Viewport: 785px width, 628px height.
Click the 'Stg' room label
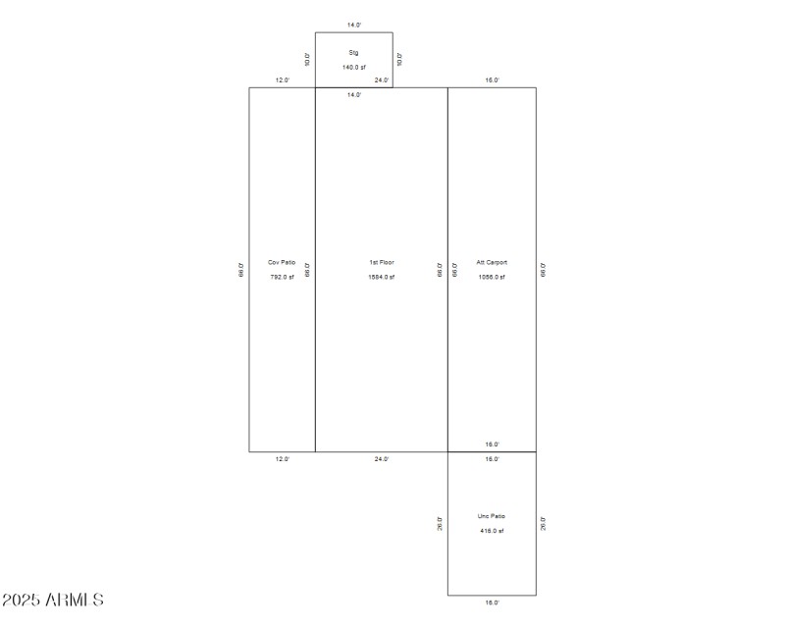tap(353, 52)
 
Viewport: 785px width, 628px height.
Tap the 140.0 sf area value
tap(353, 67)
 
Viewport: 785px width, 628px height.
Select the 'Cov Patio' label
tap(282, 262)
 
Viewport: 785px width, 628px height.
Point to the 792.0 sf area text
tap(282, 277)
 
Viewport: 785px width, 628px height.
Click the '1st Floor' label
tap(382, 262)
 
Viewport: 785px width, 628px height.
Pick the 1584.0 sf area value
tap(382, 277)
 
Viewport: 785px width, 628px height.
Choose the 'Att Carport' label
tap(492, 262)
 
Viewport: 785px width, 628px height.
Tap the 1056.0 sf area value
tap(492, 277)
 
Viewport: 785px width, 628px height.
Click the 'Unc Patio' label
tap(492, 516)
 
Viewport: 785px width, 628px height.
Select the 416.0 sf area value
tap(492, 531)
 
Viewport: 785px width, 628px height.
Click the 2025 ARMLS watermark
tap(53, 600)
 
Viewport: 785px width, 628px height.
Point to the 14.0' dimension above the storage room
tap(354, 24)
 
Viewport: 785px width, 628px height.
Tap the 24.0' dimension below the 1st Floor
tap(382, 459)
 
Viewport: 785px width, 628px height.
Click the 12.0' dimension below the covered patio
tap(282, 459)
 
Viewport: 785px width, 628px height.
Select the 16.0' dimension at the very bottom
tap(492, 602)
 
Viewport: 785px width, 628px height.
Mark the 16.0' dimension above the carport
tap(492, 80)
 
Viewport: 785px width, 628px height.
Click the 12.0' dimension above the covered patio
tap(282, 80)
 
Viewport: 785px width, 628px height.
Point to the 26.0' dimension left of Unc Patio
tap(440, 524)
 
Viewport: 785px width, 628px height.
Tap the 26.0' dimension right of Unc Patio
tap(544, 524)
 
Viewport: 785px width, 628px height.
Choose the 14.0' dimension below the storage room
tap(354, 95)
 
